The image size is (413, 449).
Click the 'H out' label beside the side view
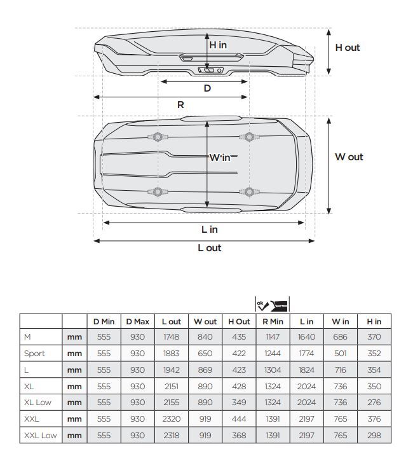click(x=347, y=48)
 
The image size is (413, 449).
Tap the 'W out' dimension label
click(x=349, y=157)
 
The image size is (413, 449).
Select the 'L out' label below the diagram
click(x=210, y=248)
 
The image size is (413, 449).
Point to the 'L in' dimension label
click(x=210, y=230)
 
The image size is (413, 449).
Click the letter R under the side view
click(x=180, y=105)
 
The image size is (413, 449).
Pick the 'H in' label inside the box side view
click(x=218, y=45)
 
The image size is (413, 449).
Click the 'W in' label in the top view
click(x=220, y=157)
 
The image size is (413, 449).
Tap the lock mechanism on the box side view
click(x=210, y=70)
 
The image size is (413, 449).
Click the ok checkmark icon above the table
click(x=262, y=305)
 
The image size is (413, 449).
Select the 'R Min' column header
click(x=273, y=322)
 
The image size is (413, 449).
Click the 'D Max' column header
click(x=138, y=322)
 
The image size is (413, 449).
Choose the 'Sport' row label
click(x=34, y=354)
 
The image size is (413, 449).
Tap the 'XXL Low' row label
click(x=40, y=436)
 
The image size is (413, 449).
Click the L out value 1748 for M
click(x=172, y=337)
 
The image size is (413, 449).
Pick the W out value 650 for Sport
click(x=205, y=354)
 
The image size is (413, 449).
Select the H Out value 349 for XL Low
click(x=239, y=403)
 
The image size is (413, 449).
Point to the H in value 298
click(x=374, y=436)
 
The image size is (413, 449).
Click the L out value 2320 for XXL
click(x=172, y=419)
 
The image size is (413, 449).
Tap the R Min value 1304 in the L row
click(x=273, y=370)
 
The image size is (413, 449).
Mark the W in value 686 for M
click(x=341, y=337)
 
